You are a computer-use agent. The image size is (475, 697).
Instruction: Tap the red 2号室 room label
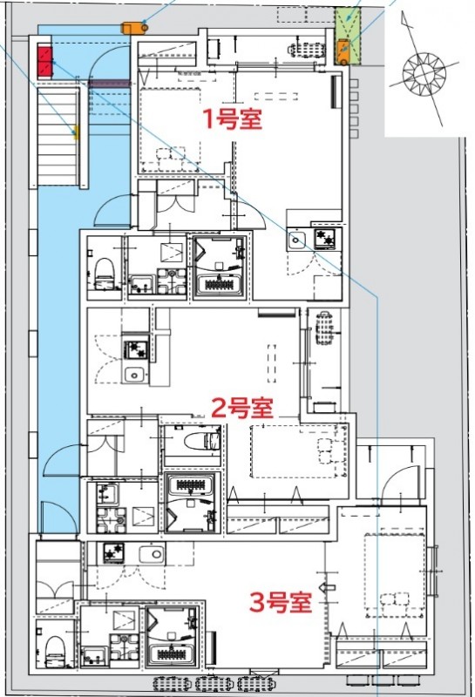pos(243,407)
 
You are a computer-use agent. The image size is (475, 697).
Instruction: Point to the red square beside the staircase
pos(45,61)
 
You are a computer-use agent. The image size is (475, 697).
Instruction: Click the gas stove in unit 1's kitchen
pos(326,239)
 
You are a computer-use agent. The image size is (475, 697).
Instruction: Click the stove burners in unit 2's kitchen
pos(135,350)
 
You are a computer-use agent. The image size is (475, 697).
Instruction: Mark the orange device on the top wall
pos(133,27)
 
